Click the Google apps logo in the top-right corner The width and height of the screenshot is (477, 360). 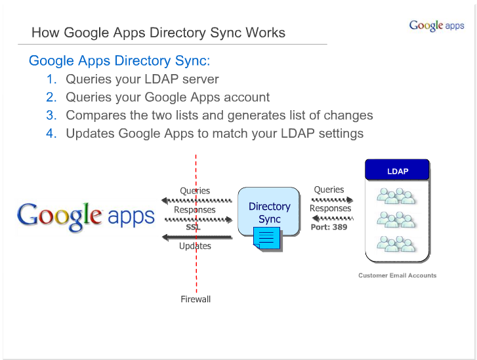click(436, 26)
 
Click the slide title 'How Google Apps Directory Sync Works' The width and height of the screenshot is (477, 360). click(159, 33)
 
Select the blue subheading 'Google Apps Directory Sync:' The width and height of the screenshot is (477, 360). click(119, 61)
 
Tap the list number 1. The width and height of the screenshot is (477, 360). click(51, 79)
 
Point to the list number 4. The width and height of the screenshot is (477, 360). click(51, 134)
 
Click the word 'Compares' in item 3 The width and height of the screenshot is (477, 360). click(96, 116)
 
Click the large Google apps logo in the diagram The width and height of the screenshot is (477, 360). click(86, 216)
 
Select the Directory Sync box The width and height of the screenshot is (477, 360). click(269, 212)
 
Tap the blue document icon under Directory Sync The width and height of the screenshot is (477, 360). click(267, 239)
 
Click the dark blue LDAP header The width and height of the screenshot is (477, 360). click(398, 170)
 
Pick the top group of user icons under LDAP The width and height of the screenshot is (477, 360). click(396, 196)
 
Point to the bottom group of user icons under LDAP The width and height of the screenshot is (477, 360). click(396, 244)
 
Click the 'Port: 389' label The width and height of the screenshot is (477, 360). click(329, 227)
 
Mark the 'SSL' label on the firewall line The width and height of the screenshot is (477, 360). click(193, 227)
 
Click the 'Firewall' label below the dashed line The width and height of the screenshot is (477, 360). click(196, 299)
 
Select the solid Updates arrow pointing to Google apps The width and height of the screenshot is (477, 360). click(197, 237)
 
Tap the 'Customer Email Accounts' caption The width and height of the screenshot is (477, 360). click(398, 275)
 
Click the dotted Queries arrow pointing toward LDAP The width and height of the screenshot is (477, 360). click(333, 200)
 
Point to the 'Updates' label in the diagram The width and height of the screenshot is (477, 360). click(195, 246)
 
